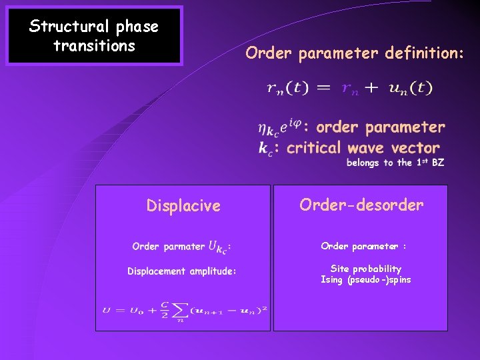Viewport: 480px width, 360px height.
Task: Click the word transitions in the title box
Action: click(94, 46)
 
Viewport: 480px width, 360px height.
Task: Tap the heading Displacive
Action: click(183, 205)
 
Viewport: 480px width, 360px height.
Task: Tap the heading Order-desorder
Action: click(361, 205)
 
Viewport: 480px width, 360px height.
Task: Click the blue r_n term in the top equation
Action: click(350, 89)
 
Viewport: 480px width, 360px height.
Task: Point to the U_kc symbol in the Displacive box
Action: click(219, 247)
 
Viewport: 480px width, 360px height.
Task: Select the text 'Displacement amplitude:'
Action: click(182, 271)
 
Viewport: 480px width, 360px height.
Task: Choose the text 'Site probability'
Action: click(366, 269)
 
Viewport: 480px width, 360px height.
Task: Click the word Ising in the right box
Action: click(332, 279)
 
